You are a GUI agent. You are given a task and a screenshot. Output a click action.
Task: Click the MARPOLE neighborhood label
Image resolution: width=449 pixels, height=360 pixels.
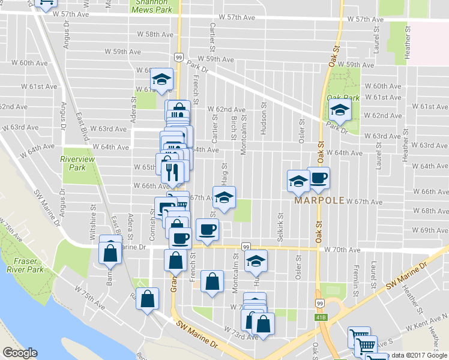pyautogui.click(x=319, y=200)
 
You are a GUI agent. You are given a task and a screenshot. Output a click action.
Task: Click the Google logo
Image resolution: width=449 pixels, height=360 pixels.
pyautogui.click(x=20, y=353)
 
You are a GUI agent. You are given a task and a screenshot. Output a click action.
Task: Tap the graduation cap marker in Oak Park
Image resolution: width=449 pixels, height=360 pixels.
pyautogui.click(x=340, y=110)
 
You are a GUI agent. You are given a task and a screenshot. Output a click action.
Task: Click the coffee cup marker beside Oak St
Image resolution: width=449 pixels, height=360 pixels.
pyautogui.click(x=319, y=178)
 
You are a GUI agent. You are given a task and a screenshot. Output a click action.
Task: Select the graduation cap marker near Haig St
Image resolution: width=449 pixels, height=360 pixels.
pyautogui.click(x=224, y=197)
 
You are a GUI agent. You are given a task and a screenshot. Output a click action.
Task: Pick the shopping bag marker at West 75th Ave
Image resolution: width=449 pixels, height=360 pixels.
pyautogui.click(x=148, y=299)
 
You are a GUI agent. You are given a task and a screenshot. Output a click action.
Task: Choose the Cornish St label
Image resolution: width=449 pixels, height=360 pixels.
pyautogui.click(x=152, y=228)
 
